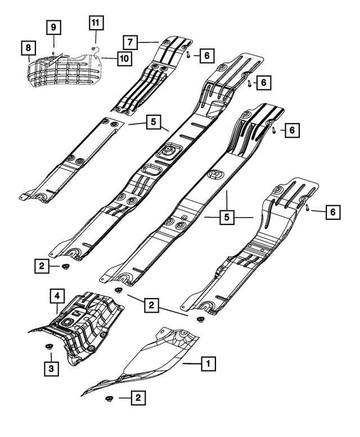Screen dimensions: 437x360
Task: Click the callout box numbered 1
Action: click(208, 364)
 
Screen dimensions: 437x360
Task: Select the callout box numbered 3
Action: click(50, 368)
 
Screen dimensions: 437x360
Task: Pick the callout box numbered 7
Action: click(129, 42)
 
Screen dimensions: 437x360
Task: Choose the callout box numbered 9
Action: click(53, 26)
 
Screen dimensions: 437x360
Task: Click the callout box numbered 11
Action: click(95, 23)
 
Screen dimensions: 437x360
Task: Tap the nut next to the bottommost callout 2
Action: click(108, 399)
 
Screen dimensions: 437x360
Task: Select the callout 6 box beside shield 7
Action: click(206, 55)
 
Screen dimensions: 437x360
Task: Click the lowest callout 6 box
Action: click(333, 211)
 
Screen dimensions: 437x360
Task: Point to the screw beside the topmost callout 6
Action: click(189, 55)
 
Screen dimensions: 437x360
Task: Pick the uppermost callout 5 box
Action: click(151, 121)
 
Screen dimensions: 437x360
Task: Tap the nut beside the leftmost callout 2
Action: click(65, 266)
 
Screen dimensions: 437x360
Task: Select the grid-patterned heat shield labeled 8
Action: click(65, 68)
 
